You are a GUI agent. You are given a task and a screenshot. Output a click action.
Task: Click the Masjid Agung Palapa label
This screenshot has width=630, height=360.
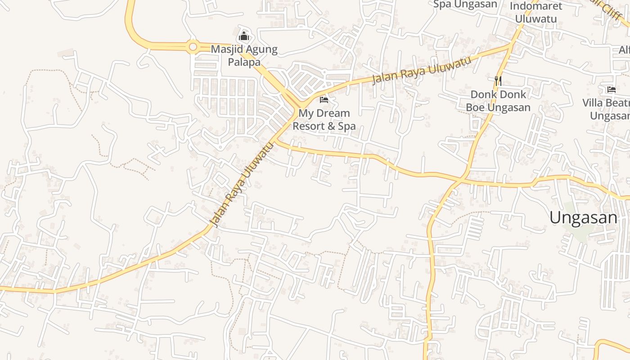[244, 55]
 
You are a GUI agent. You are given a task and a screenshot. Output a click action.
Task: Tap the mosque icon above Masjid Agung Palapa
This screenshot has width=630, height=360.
[244, 36]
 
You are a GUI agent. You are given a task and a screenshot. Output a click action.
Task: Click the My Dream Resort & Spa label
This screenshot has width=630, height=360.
[324, 119]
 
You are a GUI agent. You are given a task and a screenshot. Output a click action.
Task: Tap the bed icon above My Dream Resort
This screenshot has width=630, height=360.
[324, 99]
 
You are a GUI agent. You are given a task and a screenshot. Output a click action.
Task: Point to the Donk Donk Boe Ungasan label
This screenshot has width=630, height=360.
[498, 101]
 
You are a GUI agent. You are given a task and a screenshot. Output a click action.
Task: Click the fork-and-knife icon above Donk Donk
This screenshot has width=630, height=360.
[498, 81]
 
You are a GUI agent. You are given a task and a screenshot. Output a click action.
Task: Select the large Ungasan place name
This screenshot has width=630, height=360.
[583, 218]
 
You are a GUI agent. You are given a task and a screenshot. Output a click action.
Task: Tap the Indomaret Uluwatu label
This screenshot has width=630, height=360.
[536, 13]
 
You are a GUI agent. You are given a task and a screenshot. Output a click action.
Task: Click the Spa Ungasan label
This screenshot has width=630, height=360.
[465, 4]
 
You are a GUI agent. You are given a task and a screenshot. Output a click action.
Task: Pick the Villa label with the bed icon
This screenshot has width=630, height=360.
[607, 109]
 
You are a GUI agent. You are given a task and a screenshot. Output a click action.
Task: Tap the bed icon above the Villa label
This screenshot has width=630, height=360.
[611, 90]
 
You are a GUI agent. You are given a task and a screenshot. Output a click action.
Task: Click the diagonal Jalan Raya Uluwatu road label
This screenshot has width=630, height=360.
[243, 184]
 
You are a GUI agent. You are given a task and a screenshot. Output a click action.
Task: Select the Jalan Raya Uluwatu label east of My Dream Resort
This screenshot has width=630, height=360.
[422, 70]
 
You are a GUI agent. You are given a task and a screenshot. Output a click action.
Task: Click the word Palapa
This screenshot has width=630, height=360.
[244, 62]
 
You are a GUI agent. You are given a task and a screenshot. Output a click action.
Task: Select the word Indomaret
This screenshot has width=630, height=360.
[536, 6]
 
